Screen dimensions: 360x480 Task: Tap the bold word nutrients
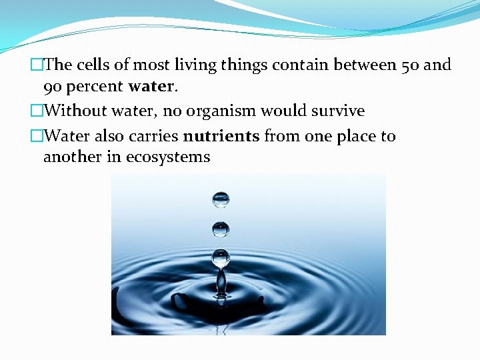point(221,137)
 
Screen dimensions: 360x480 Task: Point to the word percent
point(95,87)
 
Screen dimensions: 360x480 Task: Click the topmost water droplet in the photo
point(221,199)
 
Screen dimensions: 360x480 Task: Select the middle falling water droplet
point(221,229)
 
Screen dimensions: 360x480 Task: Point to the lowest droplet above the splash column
point(221,257)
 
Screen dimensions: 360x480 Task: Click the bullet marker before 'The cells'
point(36,65)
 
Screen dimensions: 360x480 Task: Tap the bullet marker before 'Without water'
point(36,111)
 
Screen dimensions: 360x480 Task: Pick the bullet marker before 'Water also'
point(36,137)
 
